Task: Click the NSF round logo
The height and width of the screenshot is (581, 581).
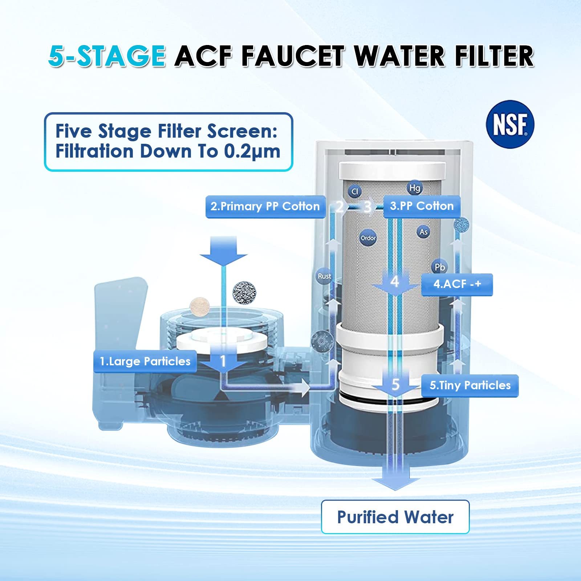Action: click(x=510, y=125)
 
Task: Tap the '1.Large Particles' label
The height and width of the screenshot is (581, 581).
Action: click(x=145, y=361)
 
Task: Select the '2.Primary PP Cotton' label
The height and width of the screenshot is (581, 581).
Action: click(x=265, y=207)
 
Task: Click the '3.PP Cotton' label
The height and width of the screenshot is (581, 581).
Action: click(x=422, y=206)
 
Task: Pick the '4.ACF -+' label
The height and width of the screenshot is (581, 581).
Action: click(x=457, y=284)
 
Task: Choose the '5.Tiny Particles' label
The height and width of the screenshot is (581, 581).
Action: click(x=470, y=385)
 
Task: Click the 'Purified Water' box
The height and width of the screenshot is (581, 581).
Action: click(x=395, y=517)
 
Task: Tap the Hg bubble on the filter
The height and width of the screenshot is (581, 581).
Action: click(x=414, y=188)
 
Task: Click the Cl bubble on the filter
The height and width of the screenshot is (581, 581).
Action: click(x=355, y=191)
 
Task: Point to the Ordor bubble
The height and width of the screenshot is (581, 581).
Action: click(x=368, y=238)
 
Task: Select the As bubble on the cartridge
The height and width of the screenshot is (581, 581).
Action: click(x=423, y=232)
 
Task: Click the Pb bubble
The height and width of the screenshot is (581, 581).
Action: click(x=440, y=267)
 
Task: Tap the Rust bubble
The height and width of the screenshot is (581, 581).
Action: click(x=324, y=276)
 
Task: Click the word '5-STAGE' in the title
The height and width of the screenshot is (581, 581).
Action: click(x=107, y=56)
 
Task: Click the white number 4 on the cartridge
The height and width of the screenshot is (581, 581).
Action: click(x=395, y=282)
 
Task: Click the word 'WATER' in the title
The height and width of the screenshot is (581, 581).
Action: click(x=399, y=56)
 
